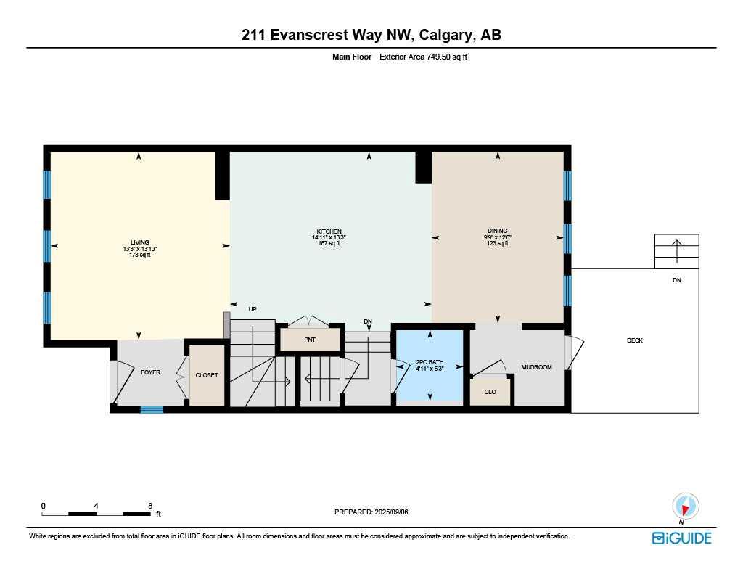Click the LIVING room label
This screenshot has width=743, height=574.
(139, 242)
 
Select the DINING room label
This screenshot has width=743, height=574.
(497, 231)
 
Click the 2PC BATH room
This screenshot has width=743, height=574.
(430, 365)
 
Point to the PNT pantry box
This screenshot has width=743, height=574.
(310, 339)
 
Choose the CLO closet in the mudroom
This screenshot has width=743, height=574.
(490, 392)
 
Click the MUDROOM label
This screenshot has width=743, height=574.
(536, 367)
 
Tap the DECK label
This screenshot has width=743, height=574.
(635, 340)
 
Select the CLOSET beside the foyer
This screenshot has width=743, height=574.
(207, 375)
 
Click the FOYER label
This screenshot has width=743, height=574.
(150, 372)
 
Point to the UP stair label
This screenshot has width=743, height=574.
(253, 309)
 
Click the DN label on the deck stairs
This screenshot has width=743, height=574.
(676, 280)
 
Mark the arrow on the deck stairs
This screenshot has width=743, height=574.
(676, 250)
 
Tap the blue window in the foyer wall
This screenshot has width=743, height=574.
(152, 410)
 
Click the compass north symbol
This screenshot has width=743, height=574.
(685, 507)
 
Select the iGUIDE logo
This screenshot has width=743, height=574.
(681, 538)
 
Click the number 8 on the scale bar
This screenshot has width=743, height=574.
(149, 505)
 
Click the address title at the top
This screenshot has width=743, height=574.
(371, 35)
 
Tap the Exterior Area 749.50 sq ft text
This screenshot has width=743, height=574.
(423, 57)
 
